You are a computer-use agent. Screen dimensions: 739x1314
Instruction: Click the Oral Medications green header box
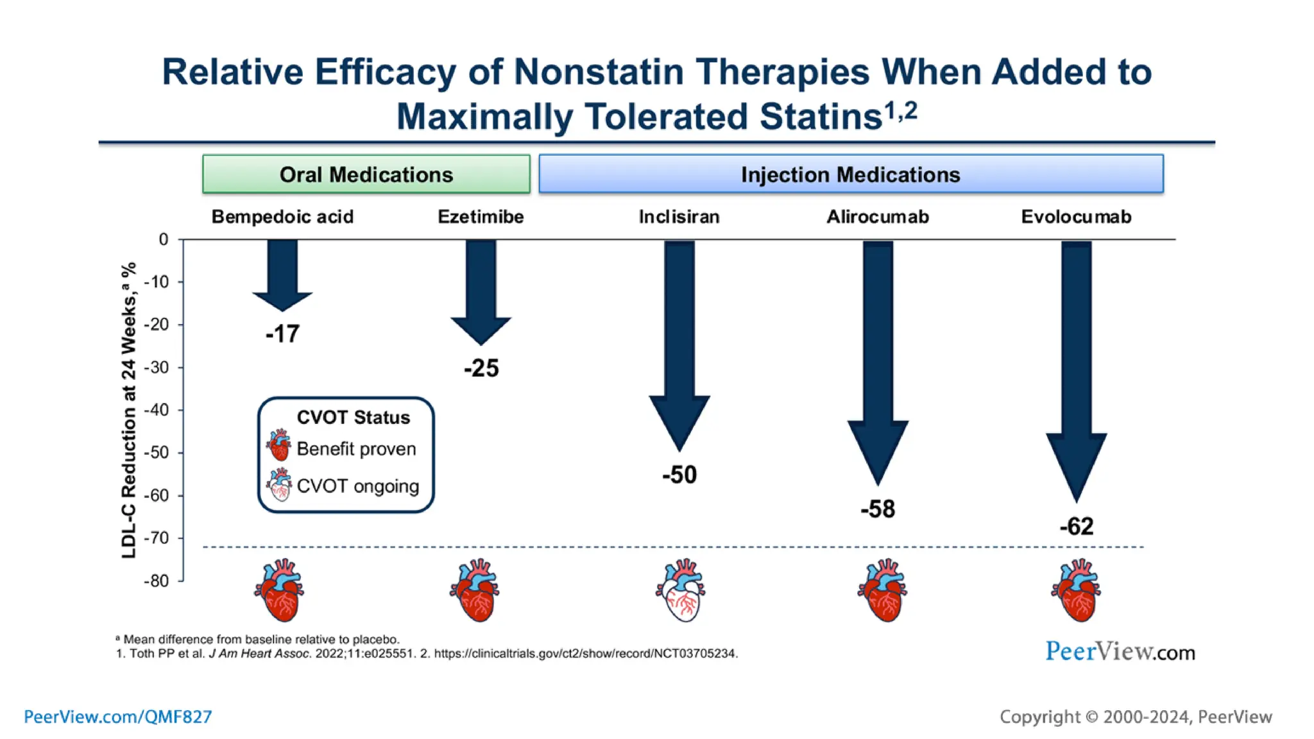[x=366, y=174]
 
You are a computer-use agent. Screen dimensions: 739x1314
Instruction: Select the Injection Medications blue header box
[x=850, y=174]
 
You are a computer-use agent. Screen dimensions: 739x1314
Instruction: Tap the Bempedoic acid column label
[x=282, y=217]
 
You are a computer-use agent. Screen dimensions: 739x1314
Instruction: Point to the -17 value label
[x=282, y=334]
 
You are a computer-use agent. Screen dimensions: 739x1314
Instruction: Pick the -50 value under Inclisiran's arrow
[x=679, y=475]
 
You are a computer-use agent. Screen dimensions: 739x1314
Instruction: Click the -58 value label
[x=877, y=509]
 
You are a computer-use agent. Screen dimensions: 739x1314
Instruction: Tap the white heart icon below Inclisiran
[x=681, y=590]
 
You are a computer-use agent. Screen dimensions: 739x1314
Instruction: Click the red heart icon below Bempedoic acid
[x=280, y=590]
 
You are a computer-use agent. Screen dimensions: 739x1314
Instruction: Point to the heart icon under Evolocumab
[x=1076, y=590]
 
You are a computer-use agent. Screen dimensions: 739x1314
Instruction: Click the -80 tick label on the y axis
[x=156, y=581]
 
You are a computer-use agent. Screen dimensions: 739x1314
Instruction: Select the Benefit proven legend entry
[x=356, y=449]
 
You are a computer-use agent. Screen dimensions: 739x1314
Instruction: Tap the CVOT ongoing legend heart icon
[x=279, y=485]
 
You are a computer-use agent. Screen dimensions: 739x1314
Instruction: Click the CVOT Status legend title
[x=353, y=418]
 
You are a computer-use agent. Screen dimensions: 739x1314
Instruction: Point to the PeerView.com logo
[x=1120, y=652]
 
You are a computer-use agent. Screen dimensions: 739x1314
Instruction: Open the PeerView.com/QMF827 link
[x=118, y=717]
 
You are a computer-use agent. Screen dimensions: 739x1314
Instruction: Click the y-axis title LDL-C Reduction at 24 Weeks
[x=129, y=411]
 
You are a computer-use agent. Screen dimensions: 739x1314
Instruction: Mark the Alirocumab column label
[x=877, y=217]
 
